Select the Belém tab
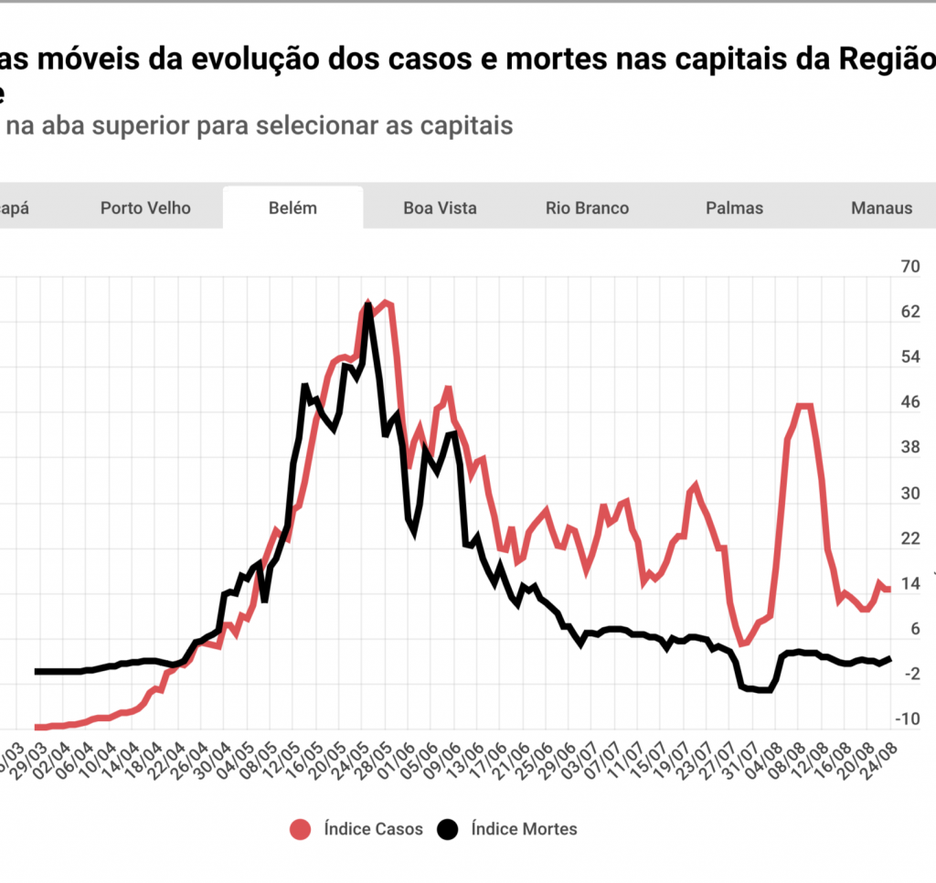click(292, 207)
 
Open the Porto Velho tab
click(145, 207)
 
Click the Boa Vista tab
click(440, 207)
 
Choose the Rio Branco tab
click(587, 207)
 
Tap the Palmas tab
click(734, 207)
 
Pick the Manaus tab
click(881, 207)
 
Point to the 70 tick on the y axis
click(909, 267)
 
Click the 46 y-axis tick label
click(909, 402)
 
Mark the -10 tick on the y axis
click(908, 719)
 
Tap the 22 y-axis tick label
click(909, 538)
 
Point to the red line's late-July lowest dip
click(743, 644)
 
